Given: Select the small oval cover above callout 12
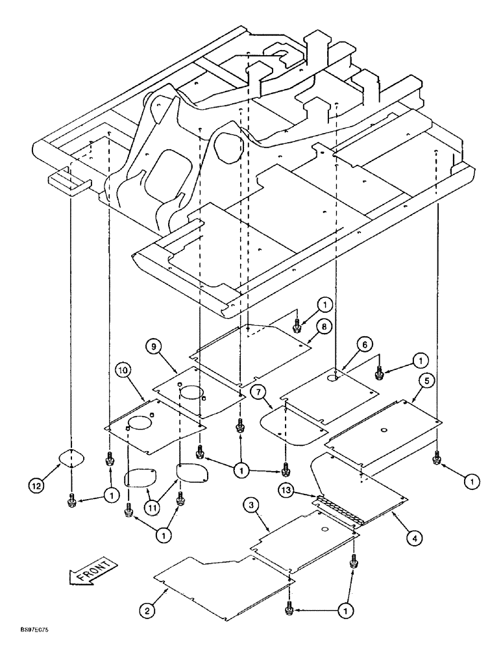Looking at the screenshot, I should tap(70, 458).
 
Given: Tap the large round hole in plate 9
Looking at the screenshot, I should tap(191, 392).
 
